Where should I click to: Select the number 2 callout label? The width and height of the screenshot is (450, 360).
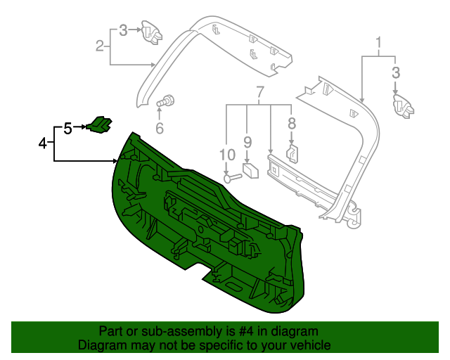pos(100,46)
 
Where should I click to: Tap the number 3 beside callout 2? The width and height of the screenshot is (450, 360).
pos(123,30)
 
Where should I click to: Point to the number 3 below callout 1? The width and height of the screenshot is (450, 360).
pos(396,72)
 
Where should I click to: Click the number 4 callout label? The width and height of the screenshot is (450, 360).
pos(43,143)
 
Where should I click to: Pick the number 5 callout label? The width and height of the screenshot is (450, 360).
pos(67,129)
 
